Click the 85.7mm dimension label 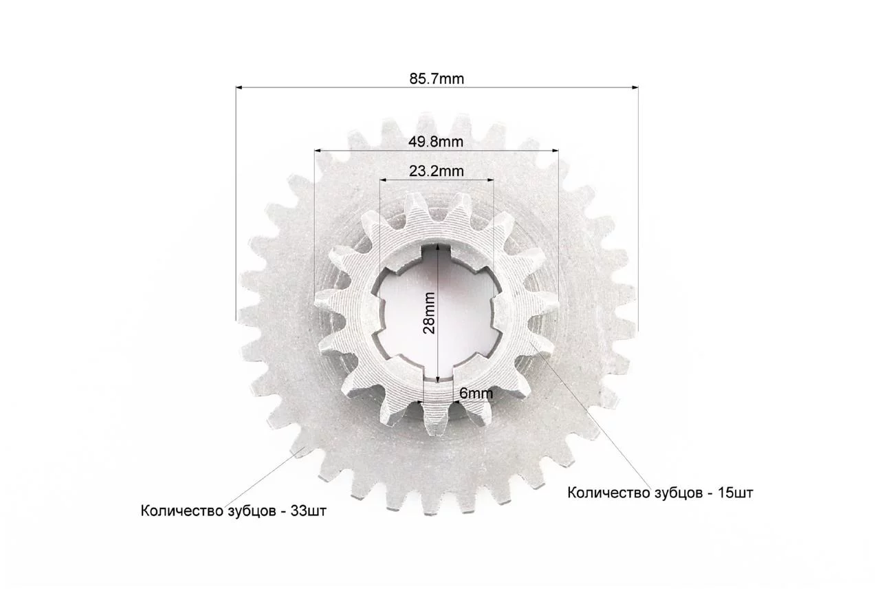coord(437,79)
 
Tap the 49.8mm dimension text coord(436,142)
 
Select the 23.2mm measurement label coord(436,171)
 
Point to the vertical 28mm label coord(429,313)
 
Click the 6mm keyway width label coord(476,393)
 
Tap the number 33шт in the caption coord(309,511)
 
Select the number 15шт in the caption coord(736,493)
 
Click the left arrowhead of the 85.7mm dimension coord(239,87)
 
